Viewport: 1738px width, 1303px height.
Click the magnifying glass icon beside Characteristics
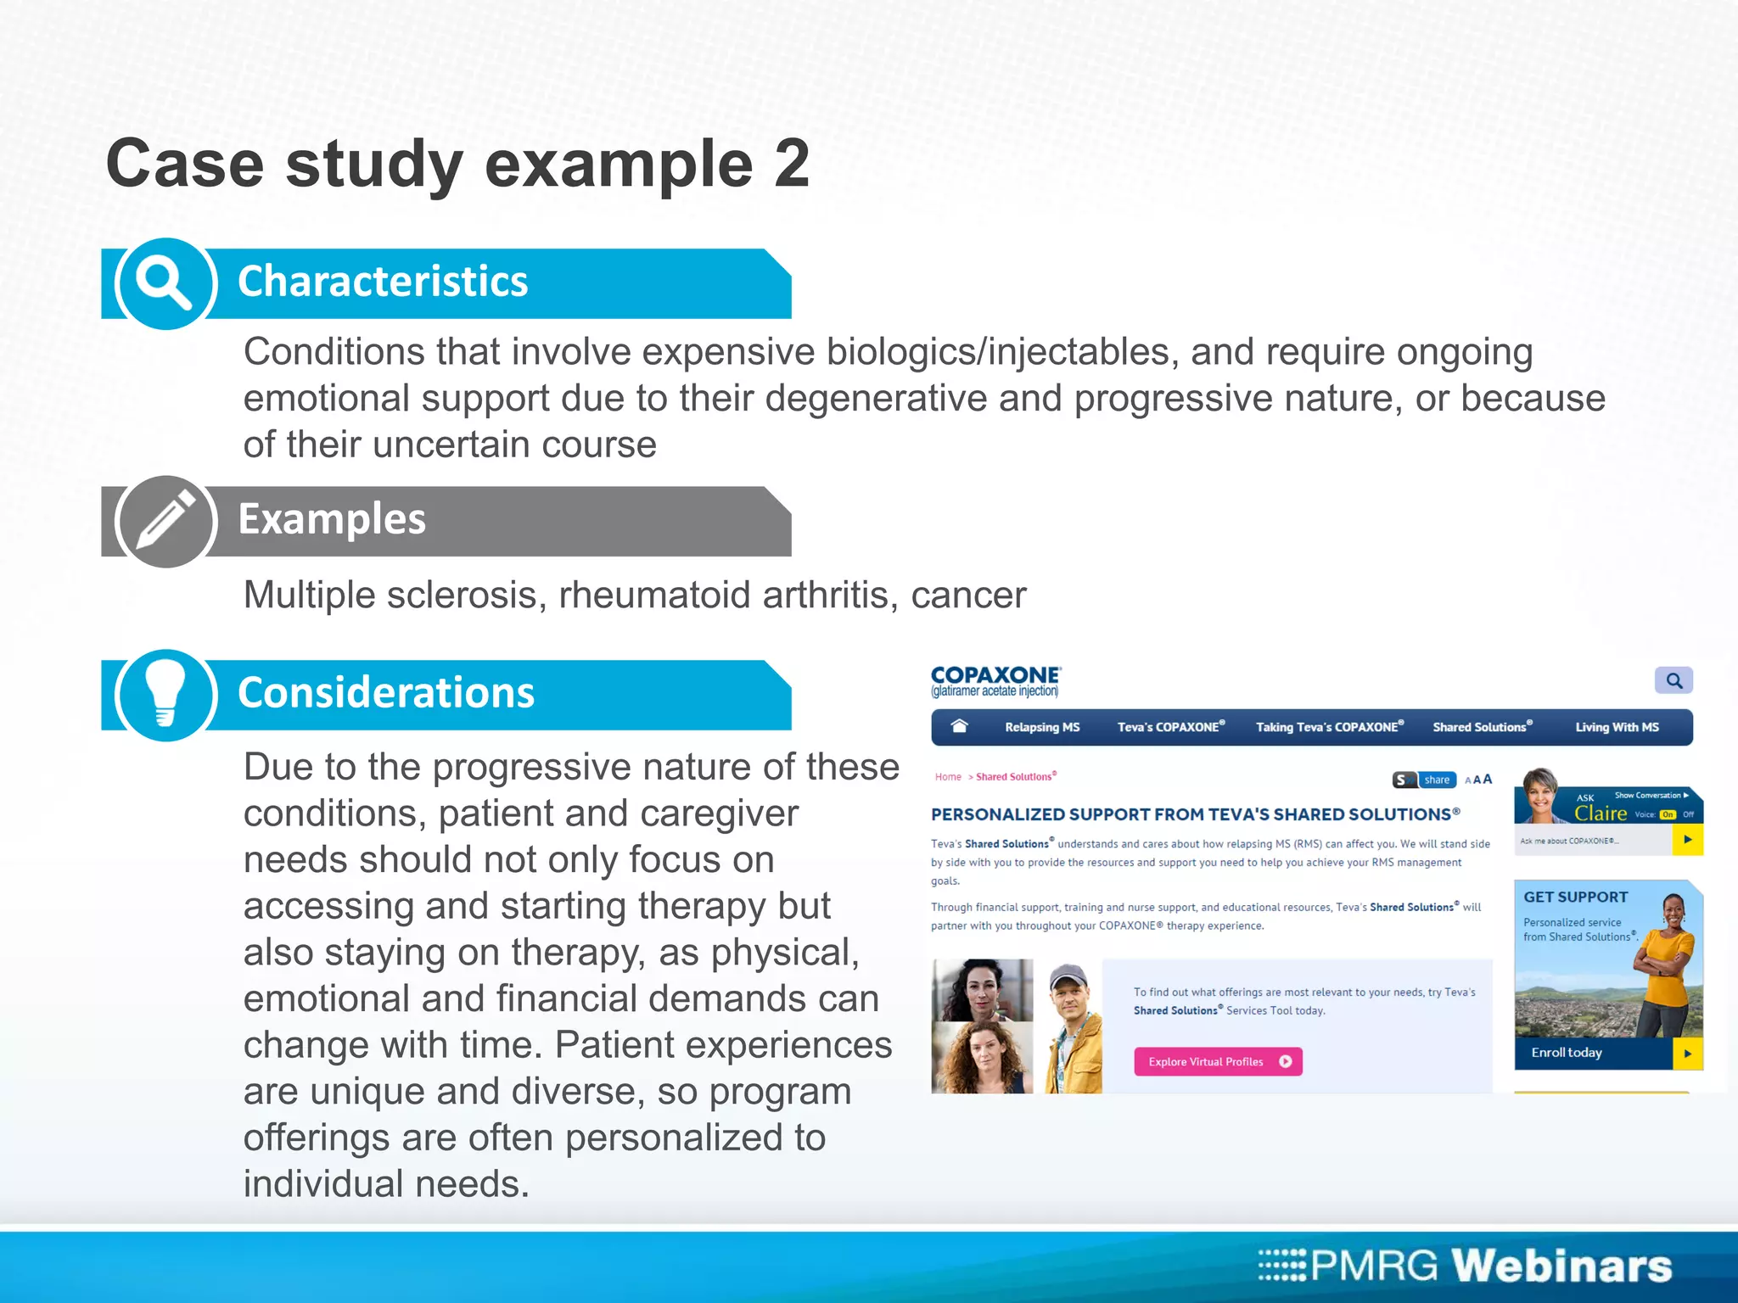tap(165, 283)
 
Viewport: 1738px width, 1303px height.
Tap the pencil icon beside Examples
tap(165, 521)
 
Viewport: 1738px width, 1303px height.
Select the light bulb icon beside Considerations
tap(165, 695)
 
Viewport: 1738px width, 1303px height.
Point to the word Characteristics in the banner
tap(383, 282)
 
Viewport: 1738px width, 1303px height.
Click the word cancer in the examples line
tap(968, 596)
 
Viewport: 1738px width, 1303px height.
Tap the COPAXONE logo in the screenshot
tap(995, 680)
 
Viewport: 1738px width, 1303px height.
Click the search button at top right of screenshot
tap(1674, 680)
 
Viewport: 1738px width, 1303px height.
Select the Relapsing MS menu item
tap(1042, 727)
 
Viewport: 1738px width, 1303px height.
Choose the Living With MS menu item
tap(1617, 727)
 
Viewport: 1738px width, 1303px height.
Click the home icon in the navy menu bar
tap(960, 726)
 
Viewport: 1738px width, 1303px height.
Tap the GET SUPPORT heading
tap(1575, 897)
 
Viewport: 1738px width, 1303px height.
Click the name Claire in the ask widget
tap(1600, 813)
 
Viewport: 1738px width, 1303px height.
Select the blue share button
tap(1436, 780)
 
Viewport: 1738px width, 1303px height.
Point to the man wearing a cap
tap(1072, 1026)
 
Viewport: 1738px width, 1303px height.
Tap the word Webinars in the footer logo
tap(1561, 1266)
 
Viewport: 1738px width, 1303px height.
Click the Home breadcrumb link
tap(948, 777)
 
